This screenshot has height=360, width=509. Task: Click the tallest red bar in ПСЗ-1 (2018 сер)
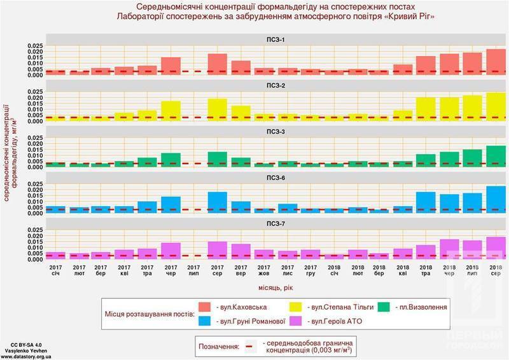495,62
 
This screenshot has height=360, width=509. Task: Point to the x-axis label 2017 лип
194,270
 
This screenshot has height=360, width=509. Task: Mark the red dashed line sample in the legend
250,347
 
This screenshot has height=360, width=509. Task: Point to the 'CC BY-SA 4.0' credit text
18,344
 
